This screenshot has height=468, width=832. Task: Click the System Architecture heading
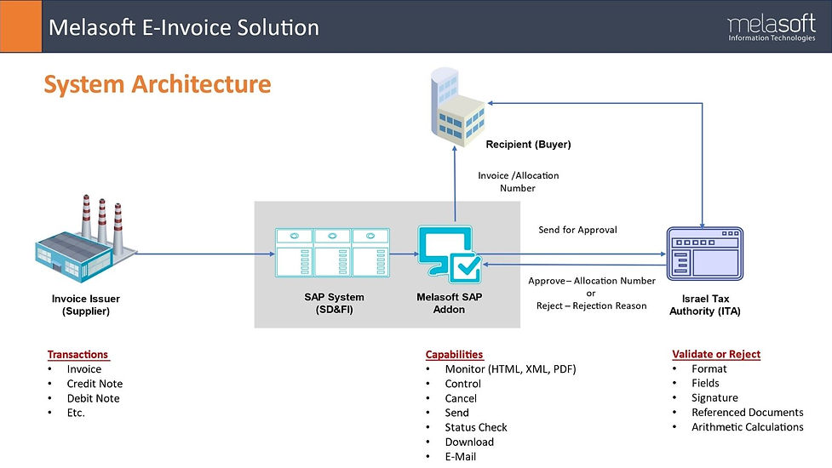tap(158, 84)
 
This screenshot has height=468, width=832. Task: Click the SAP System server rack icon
tap(333, 254)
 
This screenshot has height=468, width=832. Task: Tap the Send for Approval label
tap(577, 230)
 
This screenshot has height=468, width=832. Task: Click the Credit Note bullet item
tap(95, 384)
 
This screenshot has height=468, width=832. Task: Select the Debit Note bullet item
tap(93, 398)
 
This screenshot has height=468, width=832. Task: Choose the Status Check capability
tap(476, 427)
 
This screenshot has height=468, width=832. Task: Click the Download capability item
tap(469, 442)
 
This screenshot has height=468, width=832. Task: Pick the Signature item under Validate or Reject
tap(714, 397)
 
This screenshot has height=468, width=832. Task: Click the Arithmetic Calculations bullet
tap(747, 426)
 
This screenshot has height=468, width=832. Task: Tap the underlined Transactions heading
tap(77, 354)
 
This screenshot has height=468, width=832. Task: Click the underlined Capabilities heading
tap(454, 354)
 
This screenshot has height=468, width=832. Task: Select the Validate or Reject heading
tap(715, 354)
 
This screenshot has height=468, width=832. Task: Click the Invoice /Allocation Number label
tap(518, 182)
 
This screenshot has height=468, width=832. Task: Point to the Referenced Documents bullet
tap(747, 412)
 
